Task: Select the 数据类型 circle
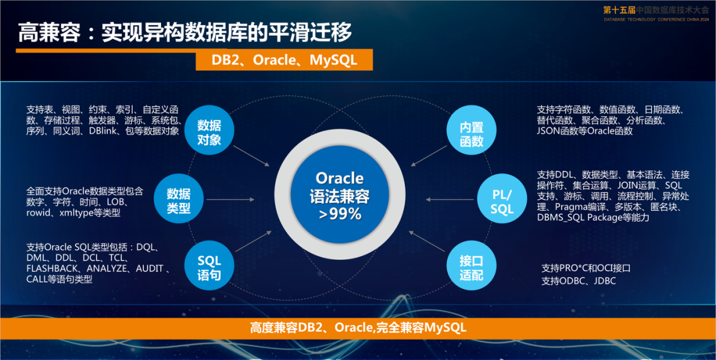pos(178,200)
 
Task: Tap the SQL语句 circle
pos(209,267)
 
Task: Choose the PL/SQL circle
pos(502,200)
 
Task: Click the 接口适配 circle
pos(471,267)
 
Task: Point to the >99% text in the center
pos(340,213)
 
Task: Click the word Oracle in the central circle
pos(340,178)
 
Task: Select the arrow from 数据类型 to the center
pos(230,200)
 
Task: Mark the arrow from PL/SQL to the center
pos(449,200)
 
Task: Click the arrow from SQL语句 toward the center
pos(253,241)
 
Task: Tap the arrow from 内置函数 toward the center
pos(428,156)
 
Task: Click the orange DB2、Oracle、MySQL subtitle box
pos(284,60)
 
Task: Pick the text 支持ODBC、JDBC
pos(579,281)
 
